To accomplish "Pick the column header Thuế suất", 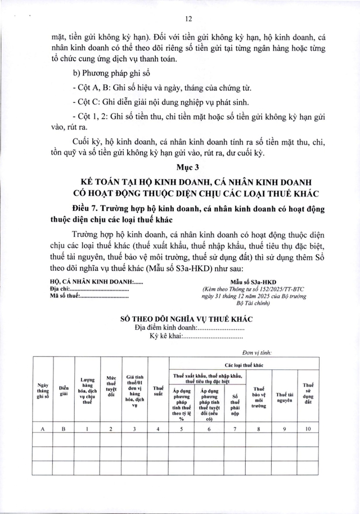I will [x=158, y=388].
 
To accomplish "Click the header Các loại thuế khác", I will [x=244, y=364].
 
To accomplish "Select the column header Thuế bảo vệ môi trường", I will [x=258, y=396].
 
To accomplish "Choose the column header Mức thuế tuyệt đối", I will [x=111, y=388].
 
